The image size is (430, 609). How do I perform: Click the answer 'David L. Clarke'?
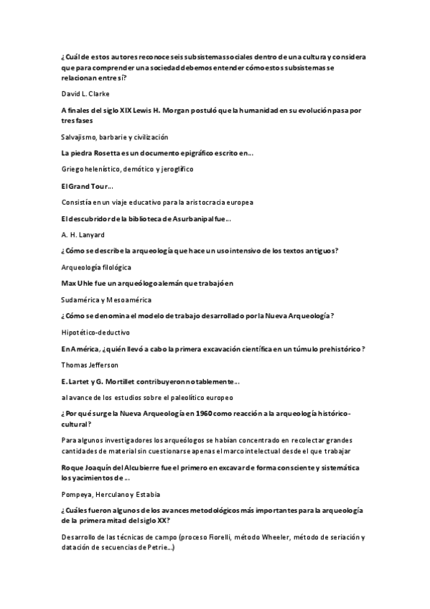pyautogui.click(x=85, y=94)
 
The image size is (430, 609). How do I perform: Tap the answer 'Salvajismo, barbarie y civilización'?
pyautogui.click(x=115, y=136)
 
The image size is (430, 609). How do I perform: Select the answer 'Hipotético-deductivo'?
pyautogui.click(x=96, y=333)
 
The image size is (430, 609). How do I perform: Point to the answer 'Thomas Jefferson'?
pyautogui.click(x=89, y=365)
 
